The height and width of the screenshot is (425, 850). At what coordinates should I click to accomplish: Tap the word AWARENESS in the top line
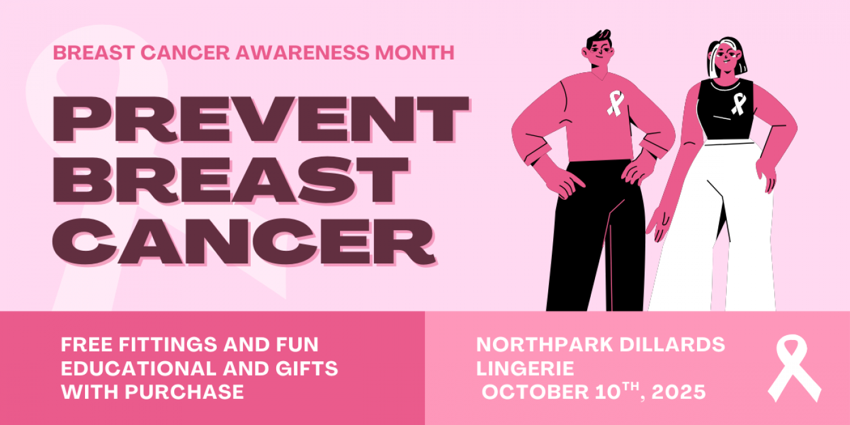[x=302, y=52]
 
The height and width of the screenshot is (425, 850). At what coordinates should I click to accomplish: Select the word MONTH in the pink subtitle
[x=415, y=52]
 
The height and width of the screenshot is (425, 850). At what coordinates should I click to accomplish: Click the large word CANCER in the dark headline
[x=244, y=242]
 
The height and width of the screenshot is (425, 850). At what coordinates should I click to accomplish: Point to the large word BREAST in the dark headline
[x=231, y=180]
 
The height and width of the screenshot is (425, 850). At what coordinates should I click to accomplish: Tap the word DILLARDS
[x=672, y=345]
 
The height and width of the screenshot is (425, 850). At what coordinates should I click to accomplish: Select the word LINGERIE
[x=525, y=368]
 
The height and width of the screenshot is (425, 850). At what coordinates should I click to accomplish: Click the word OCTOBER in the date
[x=535, y=392]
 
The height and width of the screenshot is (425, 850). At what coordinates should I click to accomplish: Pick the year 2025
[x=679, y=392]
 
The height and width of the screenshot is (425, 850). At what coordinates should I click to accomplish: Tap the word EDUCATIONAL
[x=139, y=368]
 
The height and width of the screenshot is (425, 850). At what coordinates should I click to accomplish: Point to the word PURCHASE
[x=185, y=392]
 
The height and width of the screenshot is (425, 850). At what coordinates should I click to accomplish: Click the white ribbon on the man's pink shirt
[x=615, y=103]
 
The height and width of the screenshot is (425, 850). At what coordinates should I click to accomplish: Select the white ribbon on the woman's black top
[x=738, y=104]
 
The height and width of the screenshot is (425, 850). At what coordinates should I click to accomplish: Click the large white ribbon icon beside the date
[x=795, y=367]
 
